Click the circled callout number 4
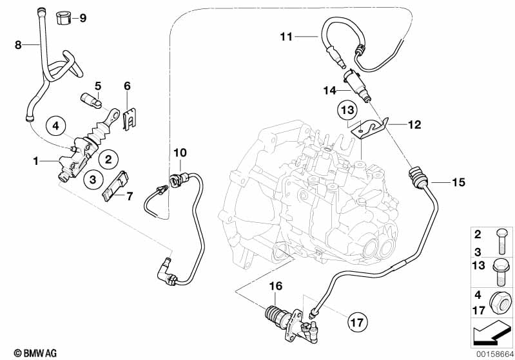(x=56, y=126)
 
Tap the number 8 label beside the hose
(x=18, y=44)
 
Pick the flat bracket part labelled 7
(x=114, y=186)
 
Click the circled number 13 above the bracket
(x=348, y=109)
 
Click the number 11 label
(x=286, y=37)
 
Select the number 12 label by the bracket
(x=414, y=125)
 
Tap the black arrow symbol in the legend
(x=491, y=332)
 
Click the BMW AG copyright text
(x=35, y=353)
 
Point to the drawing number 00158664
(x=495, y=354)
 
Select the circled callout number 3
(x=93, y=180)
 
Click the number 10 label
(x=180, y=153)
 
